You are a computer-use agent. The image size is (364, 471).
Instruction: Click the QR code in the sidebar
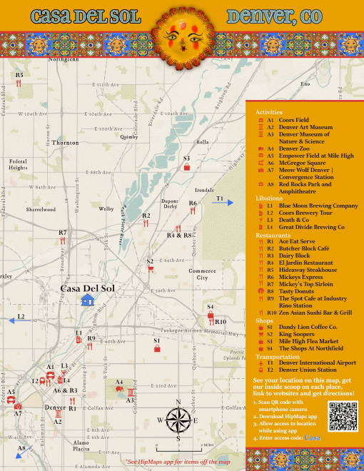click(x=342, y=416)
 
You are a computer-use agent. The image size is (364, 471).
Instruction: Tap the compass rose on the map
click(x=178, y=420)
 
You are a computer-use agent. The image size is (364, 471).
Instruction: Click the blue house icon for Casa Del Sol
click(x=88, y=300)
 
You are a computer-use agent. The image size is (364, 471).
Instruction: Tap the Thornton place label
click(x=65, y=143)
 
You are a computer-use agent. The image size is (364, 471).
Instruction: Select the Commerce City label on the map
click(x=202, y=274)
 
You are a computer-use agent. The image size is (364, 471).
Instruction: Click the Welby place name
click(x=106, y=209)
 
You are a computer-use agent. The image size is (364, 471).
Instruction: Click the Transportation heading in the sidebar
click(x=278, y=356)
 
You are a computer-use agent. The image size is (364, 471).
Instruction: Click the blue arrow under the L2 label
click(x=14, y=322)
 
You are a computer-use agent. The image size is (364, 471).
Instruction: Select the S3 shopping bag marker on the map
click(x=187, y=168)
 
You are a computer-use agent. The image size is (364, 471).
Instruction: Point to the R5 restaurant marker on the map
click(x=19, y=83)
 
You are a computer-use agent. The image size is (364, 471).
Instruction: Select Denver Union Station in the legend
click(x=307, y=370)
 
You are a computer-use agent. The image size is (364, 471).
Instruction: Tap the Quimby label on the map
click(x=129, y=136)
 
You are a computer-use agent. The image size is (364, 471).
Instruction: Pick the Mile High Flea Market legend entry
click(x=309, y=341)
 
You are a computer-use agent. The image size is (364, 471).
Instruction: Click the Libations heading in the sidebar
click(x=269, y=198)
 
